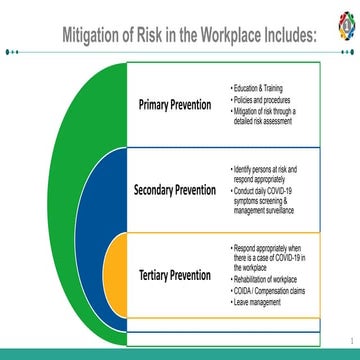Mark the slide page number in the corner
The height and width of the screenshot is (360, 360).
tap(351, 339)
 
